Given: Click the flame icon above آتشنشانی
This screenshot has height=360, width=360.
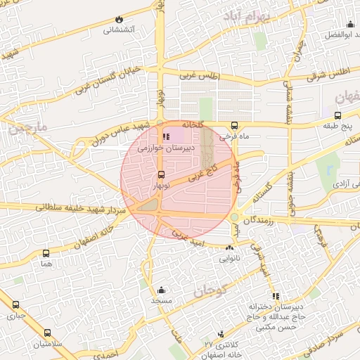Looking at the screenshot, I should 119,19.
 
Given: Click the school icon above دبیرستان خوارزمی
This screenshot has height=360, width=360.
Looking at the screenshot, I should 166,136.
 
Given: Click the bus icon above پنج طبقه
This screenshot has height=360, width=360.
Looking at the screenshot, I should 337,115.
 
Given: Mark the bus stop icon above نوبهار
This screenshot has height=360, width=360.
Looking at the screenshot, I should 161,174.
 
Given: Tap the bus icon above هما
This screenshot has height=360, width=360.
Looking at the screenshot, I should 46,253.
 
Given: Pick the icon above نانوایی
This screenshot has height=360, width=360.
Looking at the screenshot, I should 230,247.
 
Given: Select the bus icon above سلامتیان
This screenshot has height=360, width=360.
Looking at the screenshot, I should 47,333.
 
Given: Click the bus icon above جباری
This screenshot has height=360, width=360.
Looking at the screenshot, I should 15,306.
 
